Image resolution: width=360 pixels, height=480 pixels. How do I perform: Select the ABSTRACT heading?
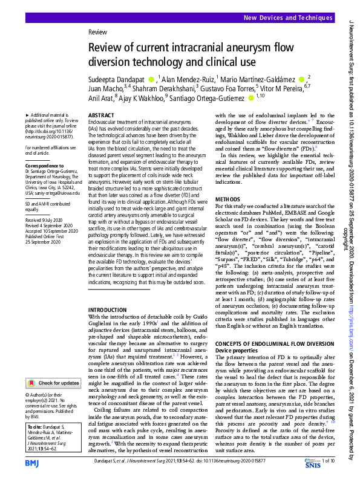coord(100,115)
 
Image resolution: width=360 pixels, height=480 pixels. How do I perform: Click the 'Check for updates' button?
coord(53,383)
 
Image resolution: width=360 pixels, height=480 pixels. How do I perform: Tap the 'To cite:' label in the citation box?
coord(36,427)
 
